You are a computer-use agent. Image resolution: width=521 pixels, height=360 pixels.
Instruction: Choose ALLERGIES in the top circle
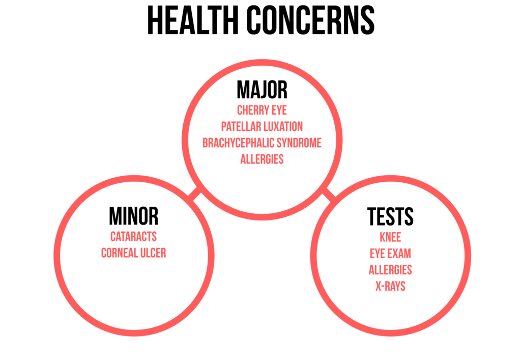click(x=262, y=159)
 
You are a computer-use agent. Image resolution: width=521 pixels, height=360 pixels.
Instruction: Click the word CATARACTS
click(x=133, y=237)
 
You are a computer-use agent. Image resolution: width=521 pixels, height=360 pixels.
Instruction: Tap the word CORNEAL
click(x=117, y=253)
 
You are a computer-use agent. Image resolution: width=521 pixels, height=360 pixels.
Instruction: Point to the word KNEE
click(x=390, y=237)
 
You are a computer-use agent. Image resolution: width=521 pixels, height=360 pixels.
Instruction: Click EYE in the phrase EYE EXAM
click(x=377, y=254)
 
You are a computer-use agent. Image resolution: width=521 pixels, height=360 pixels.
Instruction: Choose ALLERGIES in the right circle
click(x=390, y=270)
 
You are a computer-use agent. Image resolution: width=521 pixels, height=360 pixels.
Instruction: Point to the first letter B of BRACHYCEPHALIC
click(x=205, y=143)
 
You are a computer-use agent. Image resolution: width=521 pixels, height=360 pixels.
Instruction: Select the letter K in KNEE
click(x=382, y=237)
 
